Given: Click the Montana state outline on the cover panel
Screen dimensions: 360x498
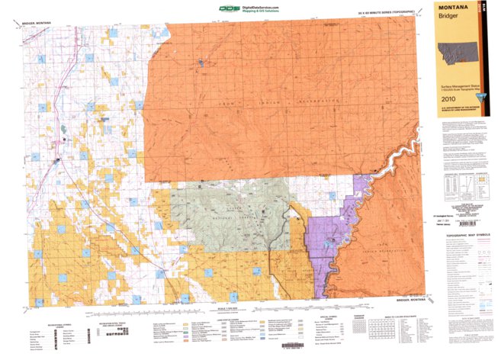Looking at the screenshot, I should [463, 55].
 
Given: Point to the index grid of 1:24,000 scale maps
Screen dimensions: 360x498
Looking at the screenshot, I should [394, 330].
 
